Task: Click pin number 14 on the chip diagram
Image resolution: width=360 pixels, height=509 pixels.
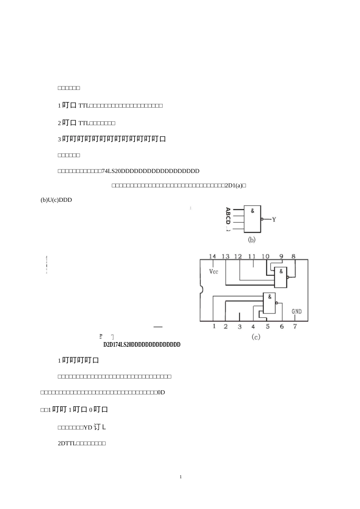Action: coord(213,256)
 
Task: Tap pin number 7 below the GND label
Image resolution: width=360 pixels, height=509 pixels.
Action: coord(295,326)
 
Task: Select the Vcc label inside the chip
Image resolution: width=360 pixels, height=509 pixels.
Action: coord(214,272)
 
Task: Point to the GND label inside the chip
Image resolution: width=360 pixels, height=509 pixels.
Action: coord(297,311)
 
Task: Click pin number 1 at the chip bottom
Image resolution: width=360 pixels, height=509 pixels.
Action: coord(214,326)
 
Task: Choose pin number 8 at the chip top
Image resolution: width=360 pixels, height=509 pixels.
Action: coord(294,256)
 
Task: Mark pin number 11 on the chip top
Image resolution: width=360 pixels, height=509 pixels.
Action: coord(252,256)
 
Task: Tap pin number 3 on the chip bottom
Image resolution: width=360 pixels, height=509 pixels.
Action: coord(239,327)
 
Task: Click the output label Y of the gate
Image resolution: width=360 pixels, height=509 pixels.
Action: coord(274,220)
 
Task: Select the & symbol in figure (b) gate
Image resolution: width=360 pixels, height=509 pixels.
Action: coord(253,211)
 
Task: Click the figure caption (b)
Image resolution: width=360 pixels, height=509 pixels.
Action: coord(252,240)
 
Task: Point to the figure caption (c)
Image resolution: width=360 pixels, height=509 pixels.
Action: coord(256,337)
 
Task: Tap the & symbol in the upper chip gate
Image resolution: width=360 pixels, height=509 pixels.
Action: coord(281,272)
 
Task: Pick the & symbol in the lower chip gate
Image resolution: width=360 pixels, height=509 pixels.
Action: coord(269,297)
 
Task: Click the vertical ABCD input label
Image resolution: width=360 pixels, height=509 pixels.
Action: coord(228,215)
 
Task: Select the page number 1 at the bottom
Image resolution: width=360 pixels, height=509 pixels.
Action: coord(181,477)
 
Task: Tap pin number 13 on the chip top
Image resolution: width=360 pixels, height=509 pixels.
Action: coord(225,256)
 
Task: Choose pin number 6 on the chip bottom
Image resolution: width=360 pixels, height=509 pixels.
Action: coord(282,326)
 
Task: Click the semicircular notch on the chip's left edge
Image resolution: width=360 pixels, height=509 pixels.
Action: coord(202,290)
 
